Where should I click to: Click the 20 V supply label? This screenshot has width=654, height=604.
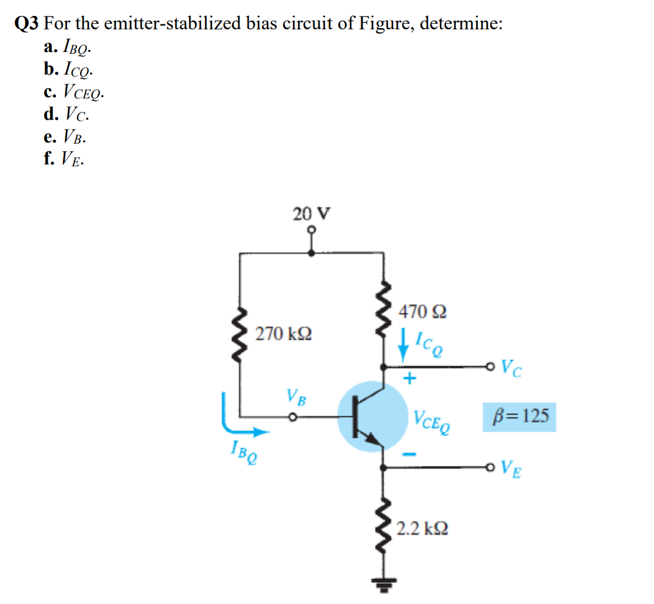pyautogui.click(x=312, y=214)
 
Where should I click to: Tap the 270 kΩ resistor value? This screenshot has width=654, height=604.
pyautogui.click(x=283, y=334)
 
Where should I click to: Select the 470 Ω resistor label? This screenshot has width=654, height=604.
pyautogui.click(x=422, y=312)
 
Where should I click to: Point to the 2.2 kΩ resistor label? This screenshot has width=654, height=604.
pyautogui.click(x=422, y=529)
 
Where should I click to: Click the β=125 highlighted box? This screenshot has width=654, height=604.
pyautogui.click(x=520, y=417)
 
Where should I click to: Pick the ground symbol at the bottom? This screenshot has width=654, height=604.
pyautogui.click(x=383, y=585)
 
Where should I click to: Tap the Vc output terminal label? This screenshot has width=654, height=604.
pyautogui.click(x=512, y=368)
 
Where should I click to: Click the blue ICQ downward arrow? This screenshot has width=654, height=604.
pyautogui.click(x=403, y=345)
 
